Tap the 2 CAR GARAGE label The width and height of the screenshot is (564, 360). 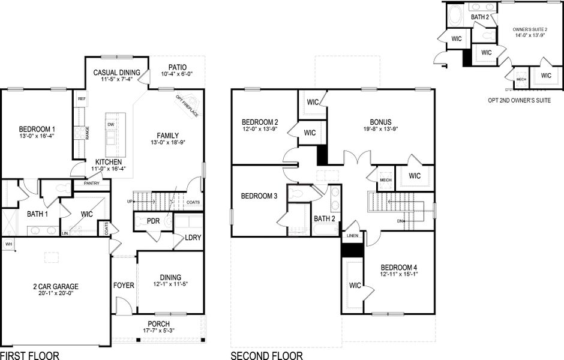55,286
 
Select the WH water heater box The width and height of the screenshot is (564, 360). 8,244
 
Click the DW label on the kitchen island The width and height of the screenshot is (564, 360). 111,125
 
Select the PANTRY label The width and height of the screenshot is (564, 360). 92,183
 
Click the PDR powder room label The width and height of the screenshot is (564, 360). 154,221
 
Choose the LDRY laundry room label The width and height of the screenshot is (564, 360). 193,238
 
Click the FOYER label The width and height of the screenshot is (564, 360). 124,285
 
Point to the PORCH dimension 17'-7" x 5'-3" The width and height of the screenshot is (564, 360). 158,332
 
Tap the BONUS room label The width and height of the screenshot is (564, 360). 380,121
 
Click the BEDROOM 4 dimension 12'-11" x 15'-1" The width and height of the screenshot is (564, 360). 399,274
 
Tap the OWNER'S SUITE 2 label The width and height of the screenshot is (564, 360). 530,29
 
